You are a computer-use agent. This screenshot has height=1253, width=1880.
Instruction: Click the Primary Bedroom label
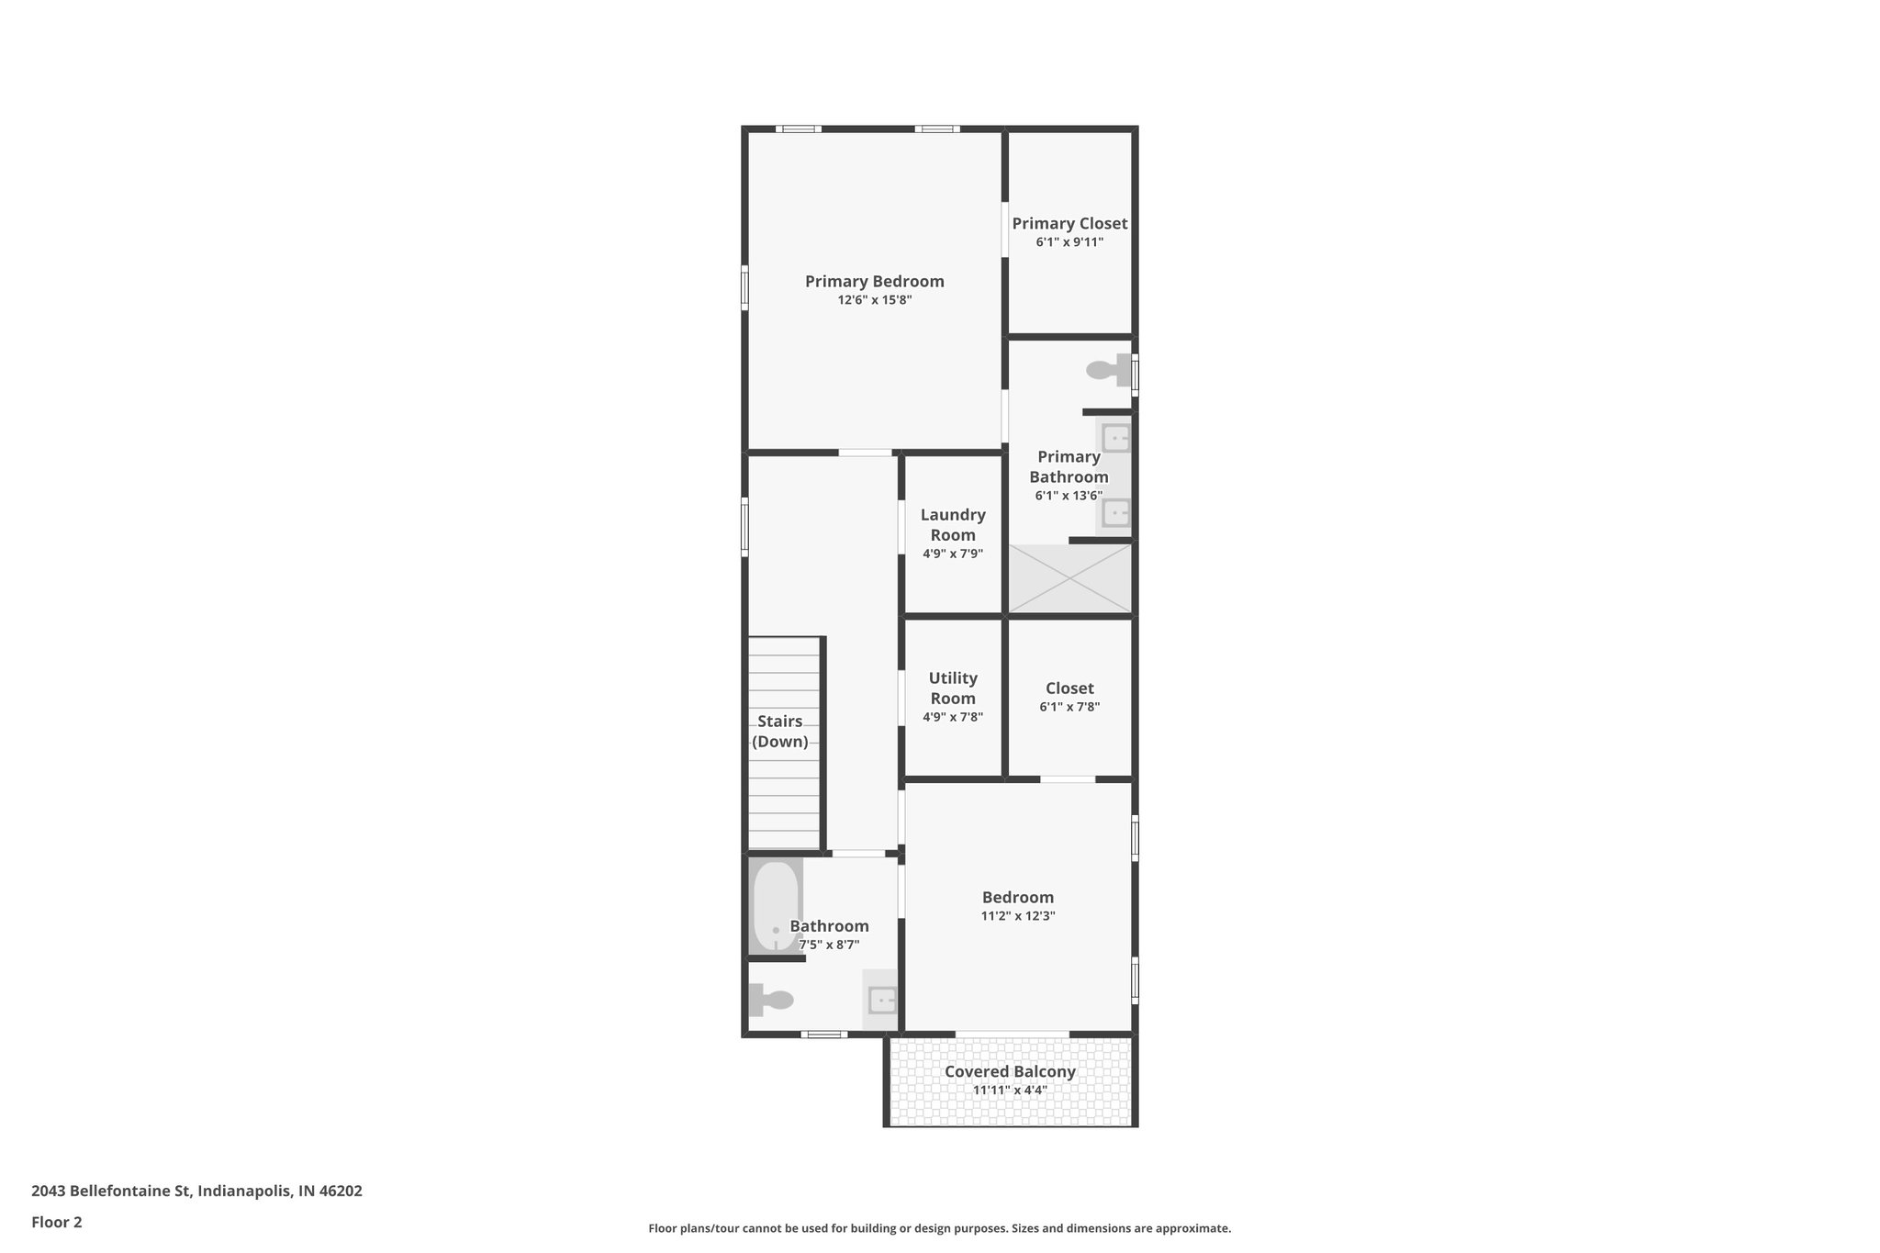(874, 282)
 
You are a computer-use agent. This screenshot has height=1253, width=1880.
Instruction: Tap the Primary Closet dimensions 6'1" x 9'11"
(1069, 242)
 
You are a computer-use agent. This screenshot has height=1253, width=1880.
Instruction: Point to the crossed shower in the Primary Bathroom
(1070, 578)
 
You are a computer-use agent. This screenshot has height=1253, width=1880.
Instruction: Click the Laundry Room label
(953, 525)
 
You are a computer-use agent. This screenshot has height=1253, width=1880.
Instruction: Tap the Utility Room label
(953, 688)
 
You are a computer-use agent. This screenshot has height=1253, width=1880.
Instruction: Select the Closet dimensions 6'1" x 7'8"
(1069, 707)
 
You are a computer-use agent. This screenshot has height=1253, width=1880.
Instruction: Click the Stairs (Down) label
(780, 732)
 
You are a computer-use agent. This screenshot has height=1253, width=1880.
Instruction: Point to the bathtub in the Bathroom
(776, 906)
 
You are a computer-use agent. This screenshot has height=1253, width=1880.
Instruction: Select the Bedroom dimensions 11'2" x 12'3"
(1018, 916)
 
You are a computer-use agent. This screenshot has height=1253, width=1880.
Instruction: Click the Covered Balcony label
(1010, 1071)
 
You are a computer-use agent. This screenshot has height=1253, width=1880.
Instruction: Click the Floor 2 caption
(57, 1223)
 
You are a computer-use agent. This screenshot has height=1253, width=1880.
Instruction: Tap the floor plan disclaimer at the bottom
(939, 1228)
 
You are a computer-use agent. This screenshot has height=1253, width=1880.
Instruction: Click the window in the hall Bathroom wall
(823, 1035)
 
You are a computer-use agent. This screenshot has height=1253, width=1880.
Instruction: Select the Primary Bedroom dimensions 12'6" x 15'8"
(874, 300)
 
